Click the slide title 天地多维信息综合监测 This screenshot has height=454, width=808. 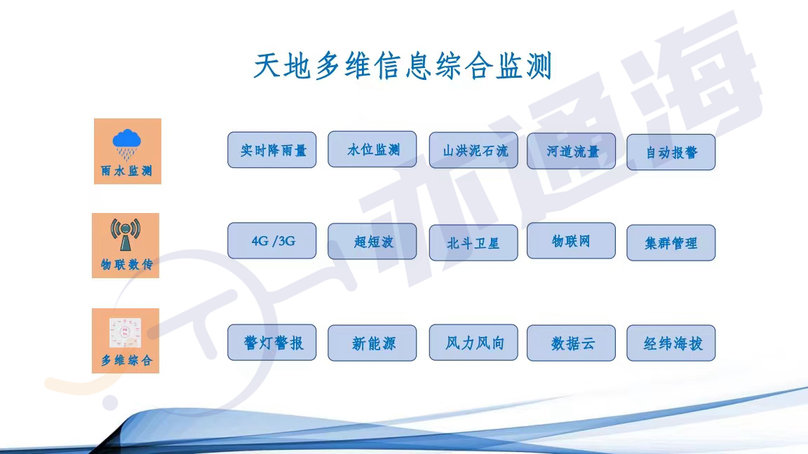tap(403, 65)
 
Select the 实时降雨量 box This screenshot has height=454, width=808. tap(271, 150)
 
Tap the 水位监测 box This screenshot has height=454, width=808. tap(372, 149)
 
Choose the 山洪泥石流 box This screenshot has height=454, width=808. tap(473, 151)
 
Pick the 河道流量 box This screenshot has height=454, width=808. tap(571, 151)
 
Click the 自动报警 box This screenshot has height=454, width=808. tap(671, 152)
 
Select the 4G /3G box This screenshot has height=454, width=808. tap(271, 240)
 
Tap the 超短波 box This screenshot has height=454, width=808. tap(372, 241)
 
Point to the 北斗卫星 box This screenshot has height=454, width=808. tap(473, 242)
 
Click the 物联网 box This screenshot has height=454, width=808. tap(571, 240)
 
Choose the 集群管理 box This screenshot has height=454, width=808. tap(671, 242)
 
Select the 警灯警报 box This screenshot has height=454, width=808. tap(271, 343)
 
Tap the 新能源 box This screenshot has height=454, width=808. tap(372, 343)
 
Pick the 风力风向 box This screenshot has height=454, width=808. tap(473, 343)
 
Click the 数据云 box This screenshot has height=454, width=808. tap(571, 343)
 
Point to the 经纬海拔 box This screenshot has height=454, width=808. tap(671, 343)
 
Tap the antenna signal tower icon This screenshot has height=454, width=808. tap(126, 234)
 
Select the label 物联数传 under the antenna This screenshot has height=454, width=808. tap(126, 265)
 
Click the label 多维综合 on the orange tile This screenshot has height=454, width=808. tap(126, 360)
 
